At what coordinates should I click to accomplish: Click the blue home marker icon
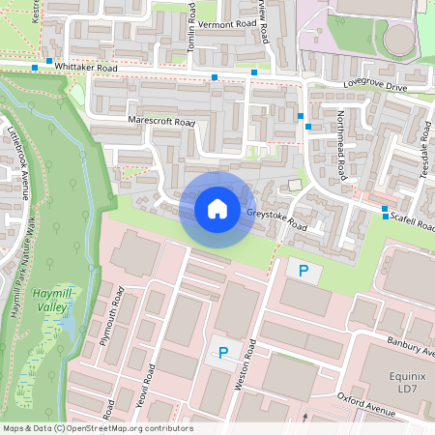tap(217, 208)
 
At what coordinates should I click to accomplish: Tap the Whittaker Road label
tap(85, 68)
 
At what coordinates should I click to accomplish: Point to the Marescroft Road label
tap(161, 122)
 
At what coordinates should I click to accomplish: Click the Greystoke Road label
tap(275, 219)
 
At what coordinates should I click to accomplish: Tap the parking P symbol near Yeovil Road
tap(223, 353)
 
